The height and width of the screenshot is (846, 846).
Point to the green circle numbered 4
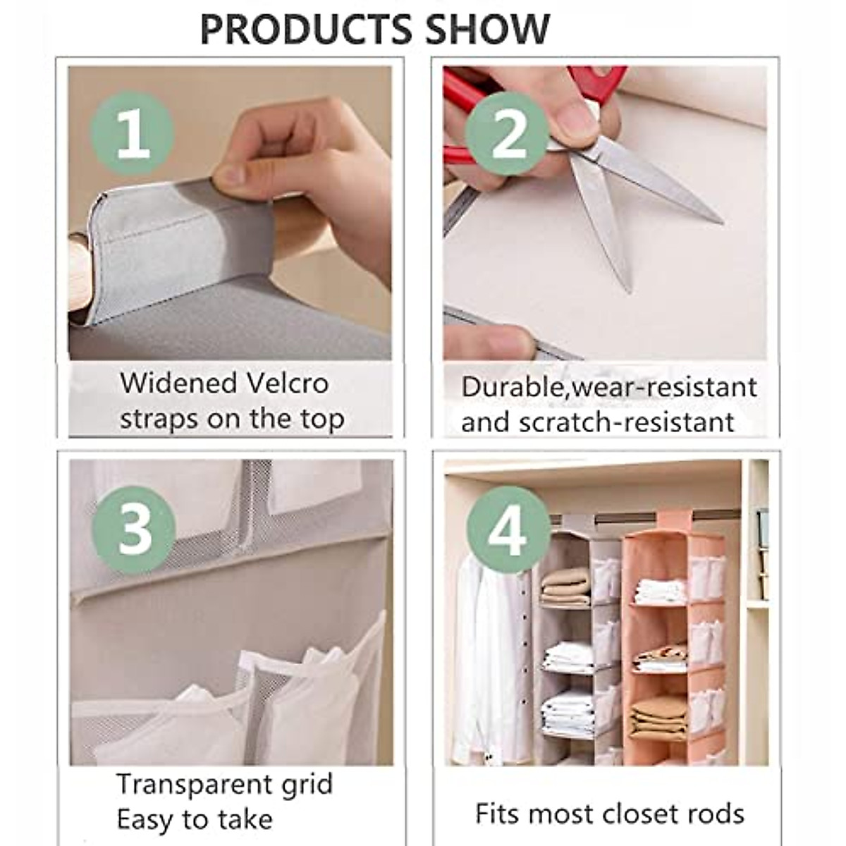click(508, 530)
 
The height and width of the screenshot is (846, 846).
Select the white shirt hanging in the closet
click(493, 649)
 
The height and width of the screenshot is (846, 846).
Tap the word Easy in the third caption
click(143, 819)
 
